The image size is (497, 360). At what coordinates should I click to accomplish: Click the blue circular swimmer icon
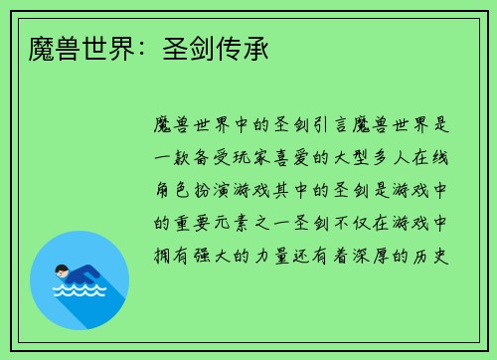click(x=80, y=279)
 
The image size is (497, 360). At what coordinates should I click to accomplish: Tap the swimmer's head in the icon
click(x=63, y=270)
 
